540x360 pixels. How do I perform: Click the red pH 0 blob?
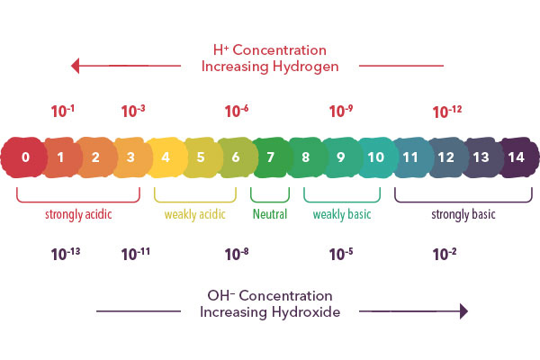tap(25, 157)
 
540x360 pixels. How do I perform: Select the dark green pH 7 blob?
tap(270, 157)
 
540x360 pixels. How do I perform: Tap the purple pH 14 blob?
tap(516, 157)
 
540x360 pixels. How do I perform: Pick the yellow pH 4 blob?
tap(166, 157)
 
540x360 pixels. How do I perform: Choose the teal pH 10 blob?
tap(375, 157)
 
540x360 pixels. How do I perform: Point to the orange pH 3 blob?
tap(130, 157)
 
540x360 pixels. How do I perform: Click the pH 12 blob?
tap(445, 157)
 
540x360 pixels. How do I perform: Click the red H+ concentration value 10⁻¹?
tap(62, 112)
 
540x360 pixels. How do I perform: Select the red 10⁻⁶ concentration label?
tap(237, 112)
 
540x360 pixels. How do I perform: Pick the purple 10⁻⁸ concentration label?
tap(237, 254)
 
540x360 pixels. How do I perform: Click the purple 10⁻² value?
tap(445, 254)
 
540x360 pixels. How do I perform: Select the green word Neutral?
tap(270, 215)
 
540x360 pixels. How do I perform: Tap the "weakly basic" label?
tap(342, 215)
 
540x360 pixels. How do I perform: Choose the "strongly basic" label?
tap(463, 215)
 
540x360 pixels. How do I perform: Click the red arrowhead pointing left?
tap(76, 65)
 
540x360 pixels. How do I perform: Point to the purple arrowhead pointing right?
tap(463, 311)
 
